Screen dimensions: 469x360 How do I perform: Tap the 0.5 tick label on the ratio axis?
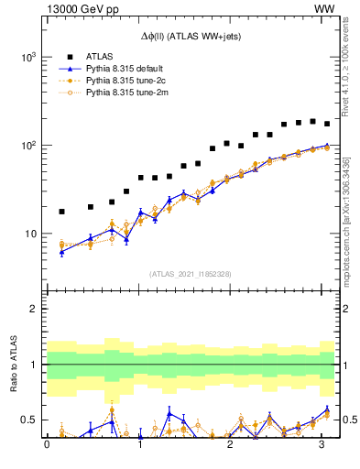click(28, 420)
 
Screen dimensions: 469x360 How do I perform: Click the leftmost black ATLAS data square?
click(61, 212)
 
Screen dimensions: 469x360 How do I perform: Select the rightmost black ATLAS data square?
click(327, 124)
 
